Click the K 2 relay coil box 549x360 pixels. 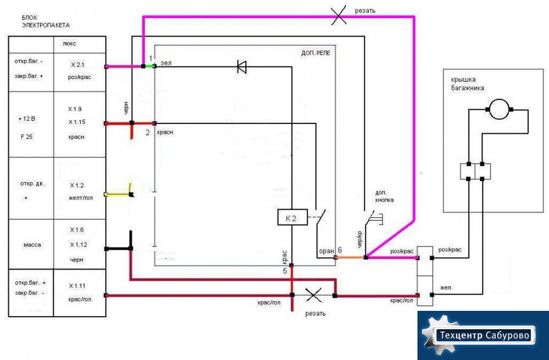[292, 217]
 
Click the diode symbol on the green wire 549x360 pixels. [241, 67]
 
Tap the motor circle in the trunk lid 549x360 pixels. [499, 109]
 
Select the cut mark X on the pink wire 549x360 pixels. [339, 15]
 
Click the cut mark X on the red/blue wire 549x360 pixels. [314, 295]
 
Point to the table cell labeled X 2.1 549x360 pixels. [79, 72]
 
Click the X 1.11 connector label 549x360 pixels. [77, 286]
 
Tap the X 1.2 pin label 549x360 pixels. [77, 185]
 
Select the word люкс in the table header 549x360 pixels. [69, 44]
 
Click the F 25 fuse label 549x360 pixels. [27, 137]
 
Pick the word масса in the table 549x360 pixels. [32, 245]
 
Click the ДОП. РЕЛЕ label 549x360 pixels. [316, 53]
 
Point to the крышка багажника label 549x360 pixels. [468, 83]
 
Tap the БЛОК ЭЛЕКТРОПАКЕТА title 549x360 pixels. [46, 21]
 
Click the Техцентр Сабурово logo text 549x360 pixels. [484, 335]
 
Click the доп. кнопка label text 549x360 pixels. [384, 196]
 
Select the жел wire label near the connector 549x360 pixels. [445, 287]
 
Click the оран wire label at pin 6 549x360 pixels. [327, 251]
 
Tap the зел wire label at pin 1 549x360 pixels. [166, 63]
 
